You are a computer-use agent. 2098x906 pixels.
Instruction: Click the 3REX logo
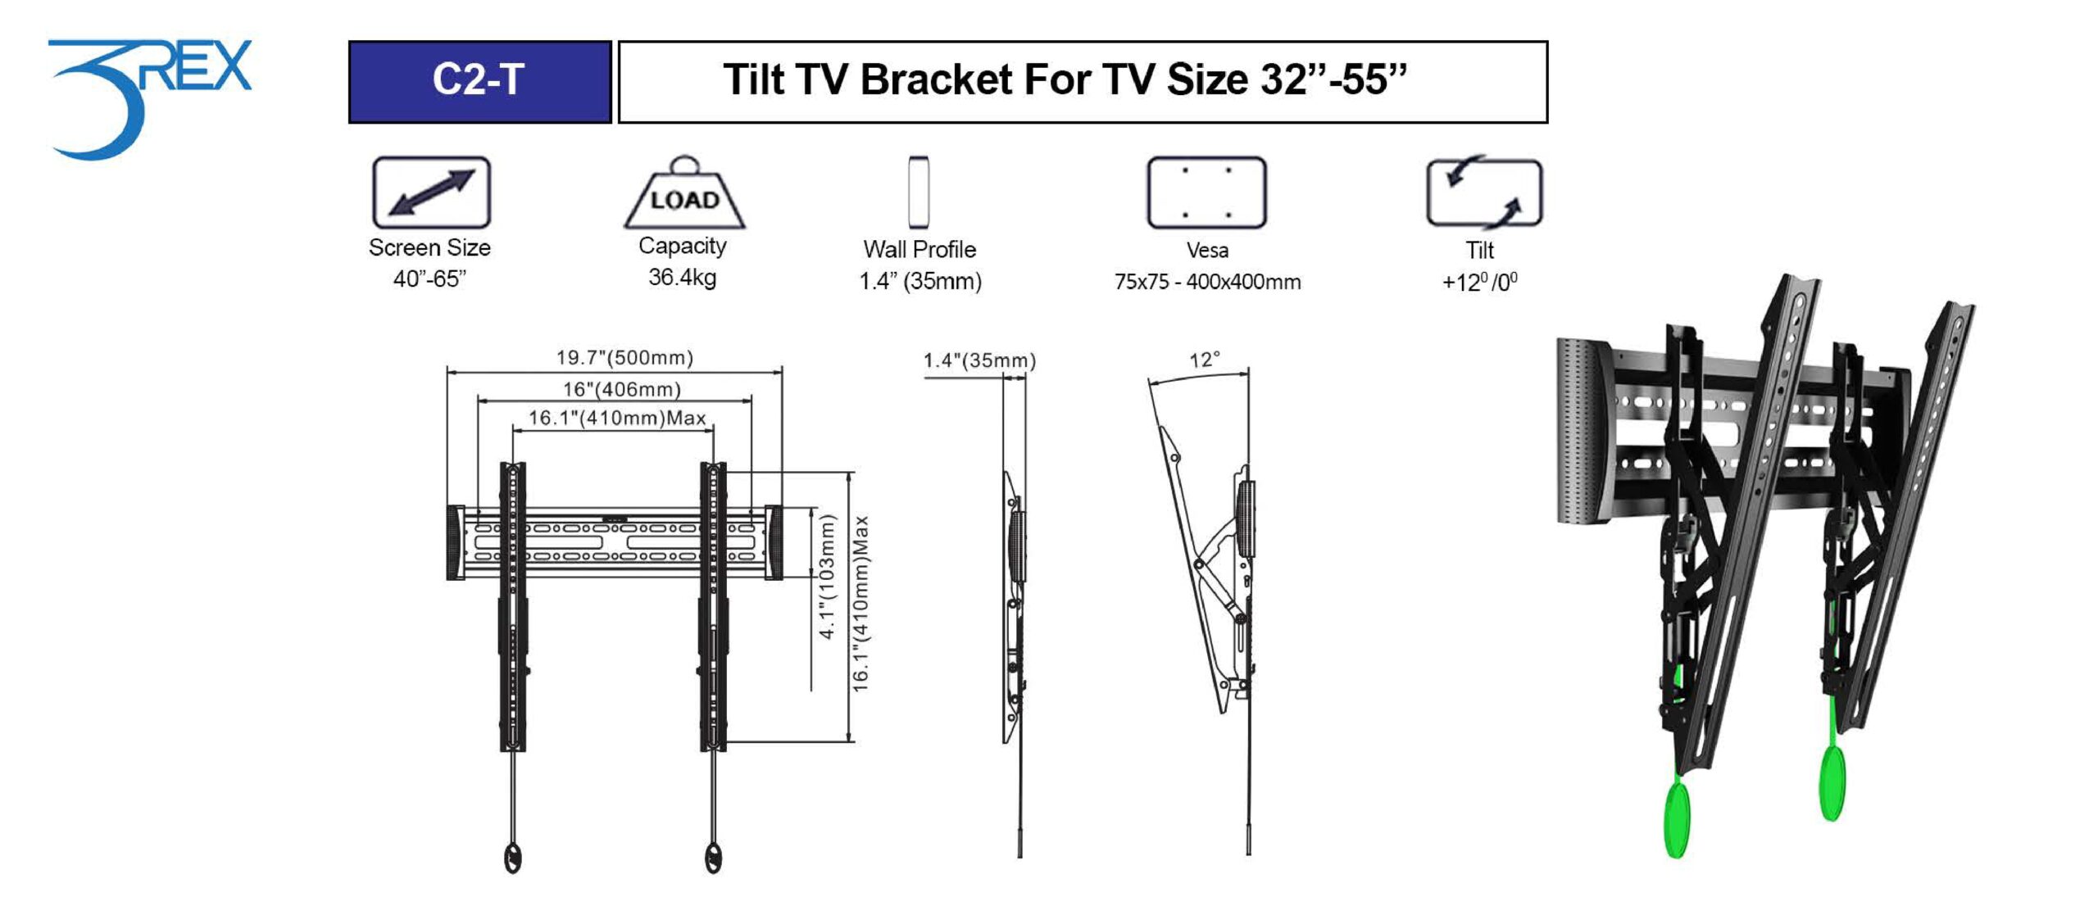pyautogui.click(x=148, y=98)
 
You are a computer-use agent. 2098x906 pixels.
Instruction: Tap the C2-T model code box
pyautogui.click(x=479, y=82)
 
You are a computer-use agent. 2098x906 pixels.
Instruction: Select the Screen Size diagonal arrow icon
pyautogui.click(x=431, y=193)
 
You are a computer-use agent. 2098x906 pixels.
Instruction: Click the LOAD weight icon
pyautogui.click(x=684, y=193)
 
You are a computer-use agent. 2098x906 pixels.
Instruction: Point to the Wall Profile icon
pyautogui.click(x=919, y=193)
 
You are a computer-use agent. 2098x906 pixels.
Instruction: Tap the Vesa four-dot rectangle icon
pyautogui.click(x=1206, y=193)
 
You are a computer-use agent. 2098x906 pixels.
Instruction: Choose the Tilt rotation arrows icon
pyautogui.click(x=1483, y=193)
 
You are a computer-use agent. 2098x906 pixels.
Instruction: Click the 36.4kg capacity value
pyautogui.click(x=682, y=277)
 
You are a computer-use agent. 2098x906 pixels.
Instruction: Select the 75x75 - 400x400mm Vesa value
pyautogui.click(x=1207, y=282)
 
